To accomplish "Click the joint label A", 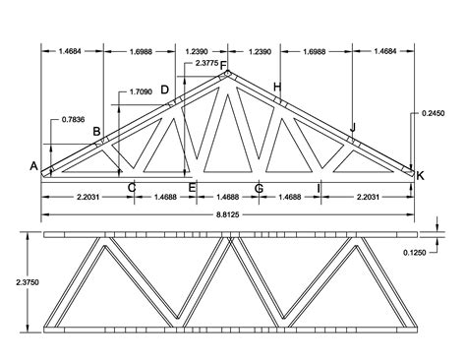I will click(x=33, y=166).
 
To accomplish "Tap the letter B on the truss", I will click(x=96, y=132).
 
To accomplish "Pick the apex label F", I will click(x=223, y=67).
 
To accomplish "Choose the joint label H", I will click(x=278, y=89).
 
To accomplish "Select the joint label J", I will click(x=352, y=127).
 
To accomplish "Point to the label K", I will click(x=420, y=175).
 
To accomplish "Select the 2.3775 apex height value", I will click(x=207, y=62).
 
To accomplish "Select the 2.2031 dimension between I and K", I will click(x=369, y=198).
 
